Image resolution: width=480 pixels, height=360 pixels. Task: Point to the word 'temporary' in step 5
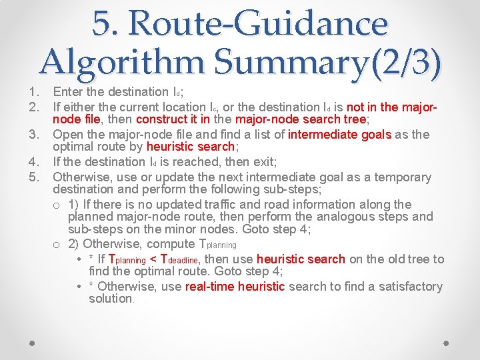401,177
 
